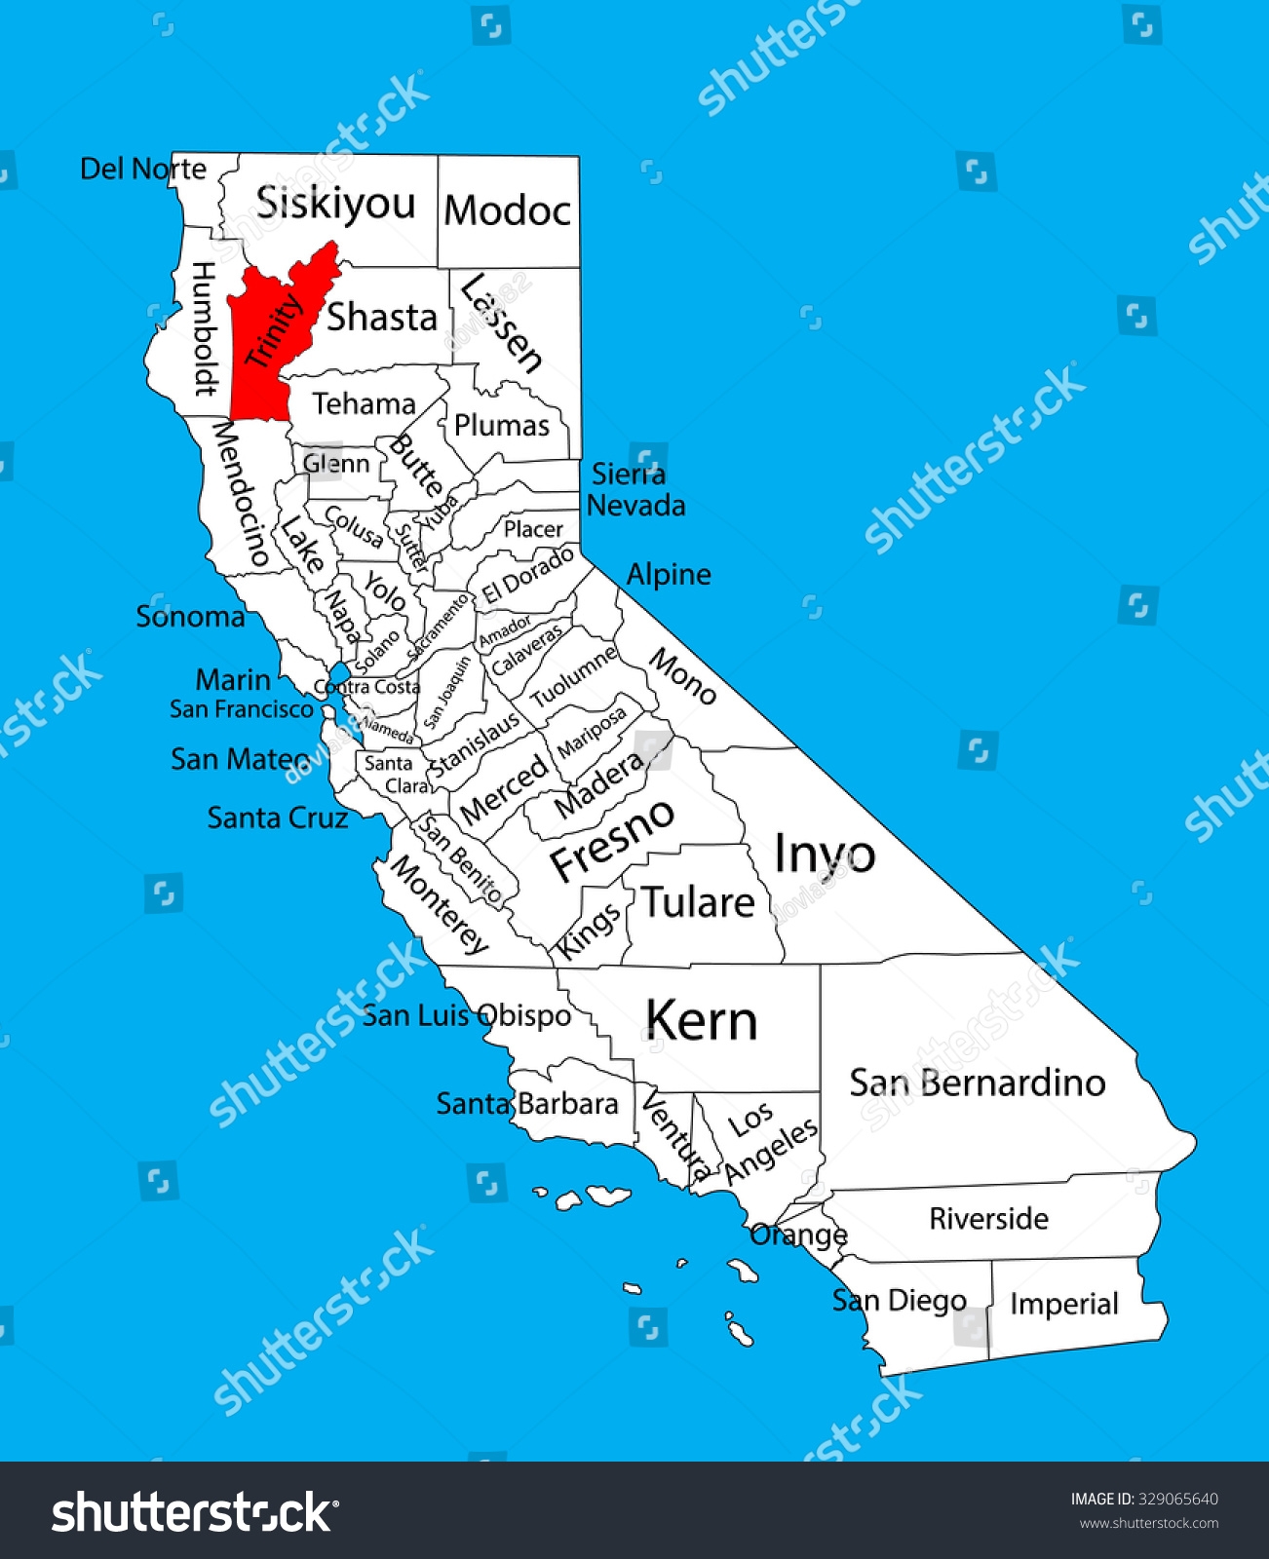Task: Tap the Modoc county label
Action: click(x=507, y=210)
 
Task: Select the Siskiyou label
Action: click(x=335, y=204)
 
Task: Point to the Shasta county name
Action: click(x=381, y=318)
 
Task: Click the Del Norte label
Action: click(x=143, y=170)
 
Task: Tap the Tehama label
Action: click(x=364, y=403)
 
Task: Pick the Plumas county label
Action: click(x=502, y=426)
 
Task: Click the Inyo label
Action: click(x=824, y=855)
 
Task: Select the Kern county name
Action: click(x=701, y=1021)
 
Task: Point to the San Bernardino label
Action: click(x=977, y=1083)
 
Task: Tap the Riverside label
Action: click(x=988, y=1219)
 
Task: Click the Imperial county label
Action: click(x=1063, y=1304)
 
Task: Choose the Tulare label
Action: click(x=698, y=903)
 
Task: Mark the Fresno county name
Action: click(x=611, y=839)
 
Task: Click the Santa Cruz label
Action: click(x=278, y=818)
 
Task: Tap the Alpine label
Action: click(x=669, y=575)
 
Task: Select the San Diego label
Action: click(x=899, y=1301)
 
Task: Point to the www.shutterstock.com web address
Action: click(x=1148, y=1524)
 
